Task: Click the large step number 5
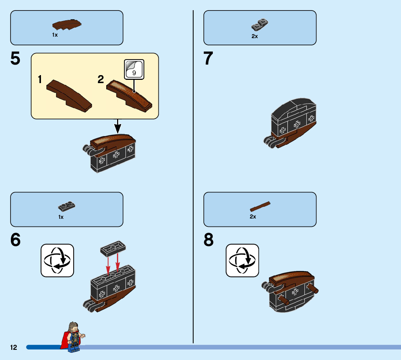15,59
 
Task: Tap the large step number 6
15,240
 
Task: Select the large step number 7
208,59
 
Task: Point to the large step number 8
208,240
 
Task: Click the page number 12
14,348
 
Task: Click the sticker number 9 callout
134,69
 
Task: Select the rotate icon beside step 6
57,260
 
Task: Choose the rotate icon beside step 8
242,260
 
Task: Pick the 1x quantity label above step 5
55,35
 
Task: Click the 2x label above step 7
255,36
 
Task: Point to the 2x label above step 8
253,217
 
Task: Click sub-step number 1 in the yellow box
40,80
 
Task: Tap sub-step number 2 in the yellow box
101,80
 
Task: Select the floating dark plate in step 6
113,249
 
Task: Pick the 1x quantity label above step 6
61,217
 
